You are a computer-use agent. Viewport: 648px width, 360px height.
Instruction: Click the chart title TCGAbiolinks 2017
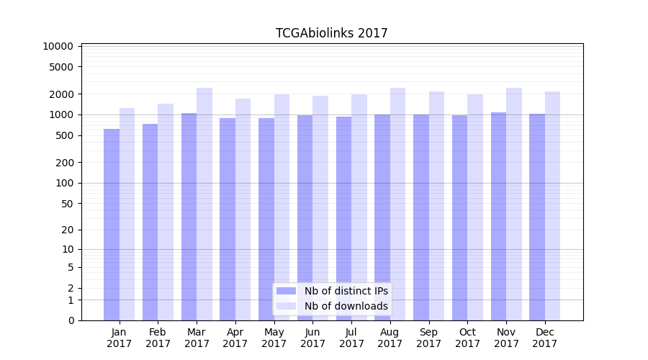click(331, 33)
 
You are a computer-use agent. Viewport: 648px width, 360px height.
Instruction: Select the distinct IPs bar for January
click(112, 225)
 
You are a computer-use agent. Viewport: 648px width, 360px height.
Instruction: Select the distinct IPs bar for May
click(266, 219)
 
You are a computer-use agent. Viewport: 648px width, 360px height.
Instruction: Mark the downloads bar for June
click(320, 208)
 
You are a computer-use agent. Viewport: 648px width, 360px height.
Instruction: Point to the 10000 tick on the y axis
click(58, 46)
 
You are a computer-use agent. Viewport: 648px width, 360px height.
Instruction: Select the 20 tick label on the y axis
click(66, 230)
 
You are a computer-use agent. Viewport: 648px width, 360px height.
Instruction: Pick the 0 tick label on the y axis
click(71, 320)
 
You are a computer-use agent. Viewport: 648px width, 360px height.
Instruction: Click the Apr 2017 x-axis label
click(235, 338)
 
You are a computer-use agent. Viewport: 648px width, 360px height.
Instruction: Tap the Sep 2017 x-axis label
click(428, 338)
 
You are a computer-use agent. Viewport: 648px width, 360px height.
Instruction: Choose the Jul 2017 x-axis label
click(351, 338)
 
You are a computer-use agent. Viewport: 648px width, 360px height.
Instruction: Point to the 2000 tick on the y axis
click(60, 94)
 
